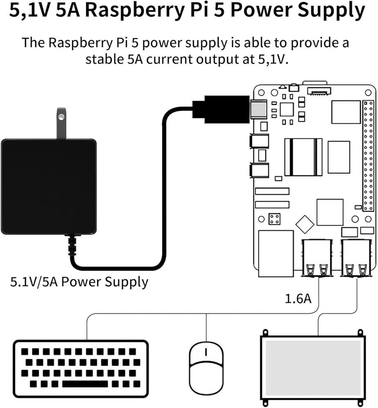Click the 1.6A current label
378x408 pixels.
pyautogui.click(x=298, y=299)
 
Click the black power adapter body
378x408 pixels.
pyautogui.click(x=49, y=186)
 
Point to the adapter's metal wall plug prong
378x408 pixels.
pyautogui.click(x=61, y=122)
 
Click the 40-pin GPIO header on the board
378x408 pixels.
pyautogui.click(x=368, y=155)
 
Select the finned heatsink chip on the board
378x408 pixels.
pyautogui.click(x=303, y=157)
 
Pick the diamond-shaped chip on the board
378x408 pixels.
pyautogui.click(x=305, y=224)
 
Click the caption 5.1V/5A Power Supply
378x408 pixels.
pyautogui.click(x=79, y=282)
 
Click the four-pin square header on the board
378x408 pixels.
pyautogui.click(x=274, y=218)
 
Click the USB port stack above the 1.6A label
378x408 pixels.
pyautogui.click(x=316, y=257)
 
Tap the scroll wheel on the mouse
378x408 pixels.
pyautogui.click(x=206, y=352)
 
